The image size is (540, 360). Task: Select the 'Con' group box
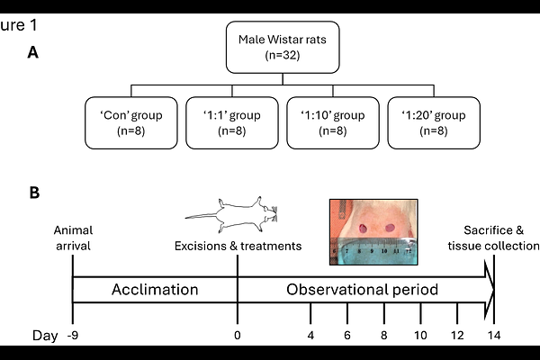[130, 124]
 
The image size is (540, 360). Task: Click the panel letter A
[33, 52]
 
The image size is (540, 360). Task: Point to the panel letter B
[33, 193]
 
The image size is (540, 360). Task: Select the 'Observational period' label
[363, 291]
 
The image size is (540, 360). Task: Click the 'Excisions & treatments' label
[237, 246]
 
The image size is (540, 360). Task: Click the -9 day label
[72, 336]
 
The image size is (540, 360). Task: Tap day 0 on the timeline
[237, 336]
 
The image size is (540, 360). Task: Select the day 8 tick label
[384, 336]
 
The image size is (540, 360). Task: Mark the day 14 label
[493, 336]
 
